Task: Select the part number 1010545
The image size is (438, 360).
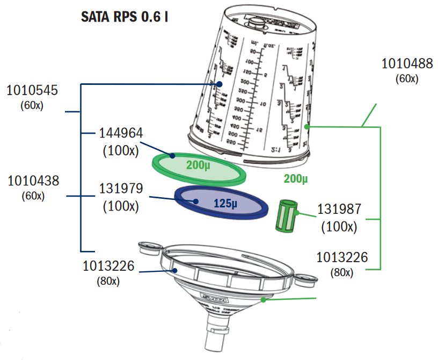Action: coord(32,90)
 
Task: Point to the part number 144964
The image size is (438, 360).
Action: coord(121,134)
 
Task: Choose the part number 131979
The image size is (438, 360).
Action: coord(121,189)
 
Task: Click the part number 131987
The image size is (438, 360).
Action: coord(339,210)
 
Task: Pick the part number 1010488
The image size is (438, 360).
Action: coord(407,64)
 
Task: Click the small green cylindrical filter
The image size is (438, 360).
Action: coord(286,215)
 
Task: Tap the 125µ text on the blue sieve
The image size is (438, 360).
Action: coord(225,203)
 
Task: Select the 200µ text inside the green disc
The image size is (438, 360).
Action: coord(198,165)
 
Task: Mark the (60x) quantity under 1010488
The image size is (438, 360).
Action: coord(407,79)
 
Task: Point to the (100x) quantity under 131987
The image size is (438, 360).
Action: coord(339,227)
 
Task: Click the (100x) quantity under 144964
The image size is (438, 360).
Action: coord(121,150)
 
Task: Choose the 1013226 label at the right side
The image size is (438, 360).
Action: coord(342,257)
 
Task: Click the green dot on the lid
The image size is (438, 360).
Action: coord(263,299)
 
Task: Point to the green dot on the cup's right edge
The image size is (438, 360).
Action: coord(306,127)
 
